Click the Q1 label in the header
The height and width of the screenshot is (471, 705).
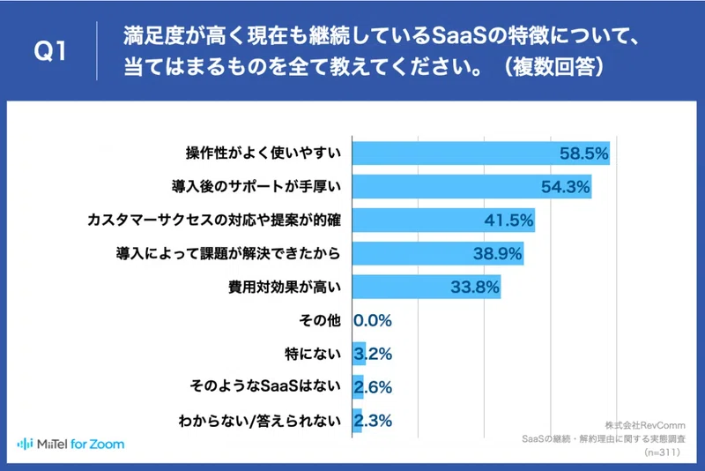coord(50,50)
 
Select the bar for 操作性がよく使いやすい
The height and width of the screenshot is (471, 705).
coord(480,153)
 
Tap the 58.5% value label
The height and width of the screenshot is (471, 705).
coord(583,153)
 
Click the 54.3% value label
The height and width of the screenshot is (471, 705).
coord(565,187)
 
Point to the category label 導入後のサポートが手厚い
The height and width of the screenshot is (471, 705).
coord(256,186)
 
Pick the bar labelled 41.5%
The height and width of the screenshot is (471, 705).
coord(443,220)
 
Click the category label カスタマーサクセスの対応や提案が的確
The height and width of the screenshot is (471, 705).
coord(214,220)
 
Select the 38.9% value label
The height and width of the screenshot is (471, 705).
coord(497,254)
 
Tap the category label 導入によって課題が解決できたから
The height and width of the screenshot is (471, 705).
coord(228,254)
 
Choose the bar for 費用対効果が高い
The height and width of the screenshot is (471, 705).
coord(427,287)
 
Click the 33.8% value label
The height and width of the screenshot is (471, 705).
coord(475,287)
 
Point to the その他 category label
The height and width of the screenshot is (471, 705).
coord(320,320)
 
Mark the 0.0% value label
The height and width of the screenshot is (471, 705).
coord(373,321)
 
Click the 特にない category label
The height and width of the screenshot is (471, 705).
coord(313,354)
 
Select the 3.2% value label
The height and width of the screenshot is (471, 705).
coord(373,354)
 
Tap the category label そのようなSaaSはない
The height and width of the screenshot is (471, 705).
coord(265,386)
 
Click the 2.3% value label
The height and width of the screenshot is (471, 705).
coord(373,421)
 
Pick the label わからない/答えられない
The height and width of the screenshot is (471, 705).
coord(260,421)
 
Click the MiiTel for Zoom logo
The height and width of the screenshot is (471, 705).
coord(70,445)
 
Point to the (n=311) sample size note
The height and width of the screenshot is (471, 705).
coord(663,452)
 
